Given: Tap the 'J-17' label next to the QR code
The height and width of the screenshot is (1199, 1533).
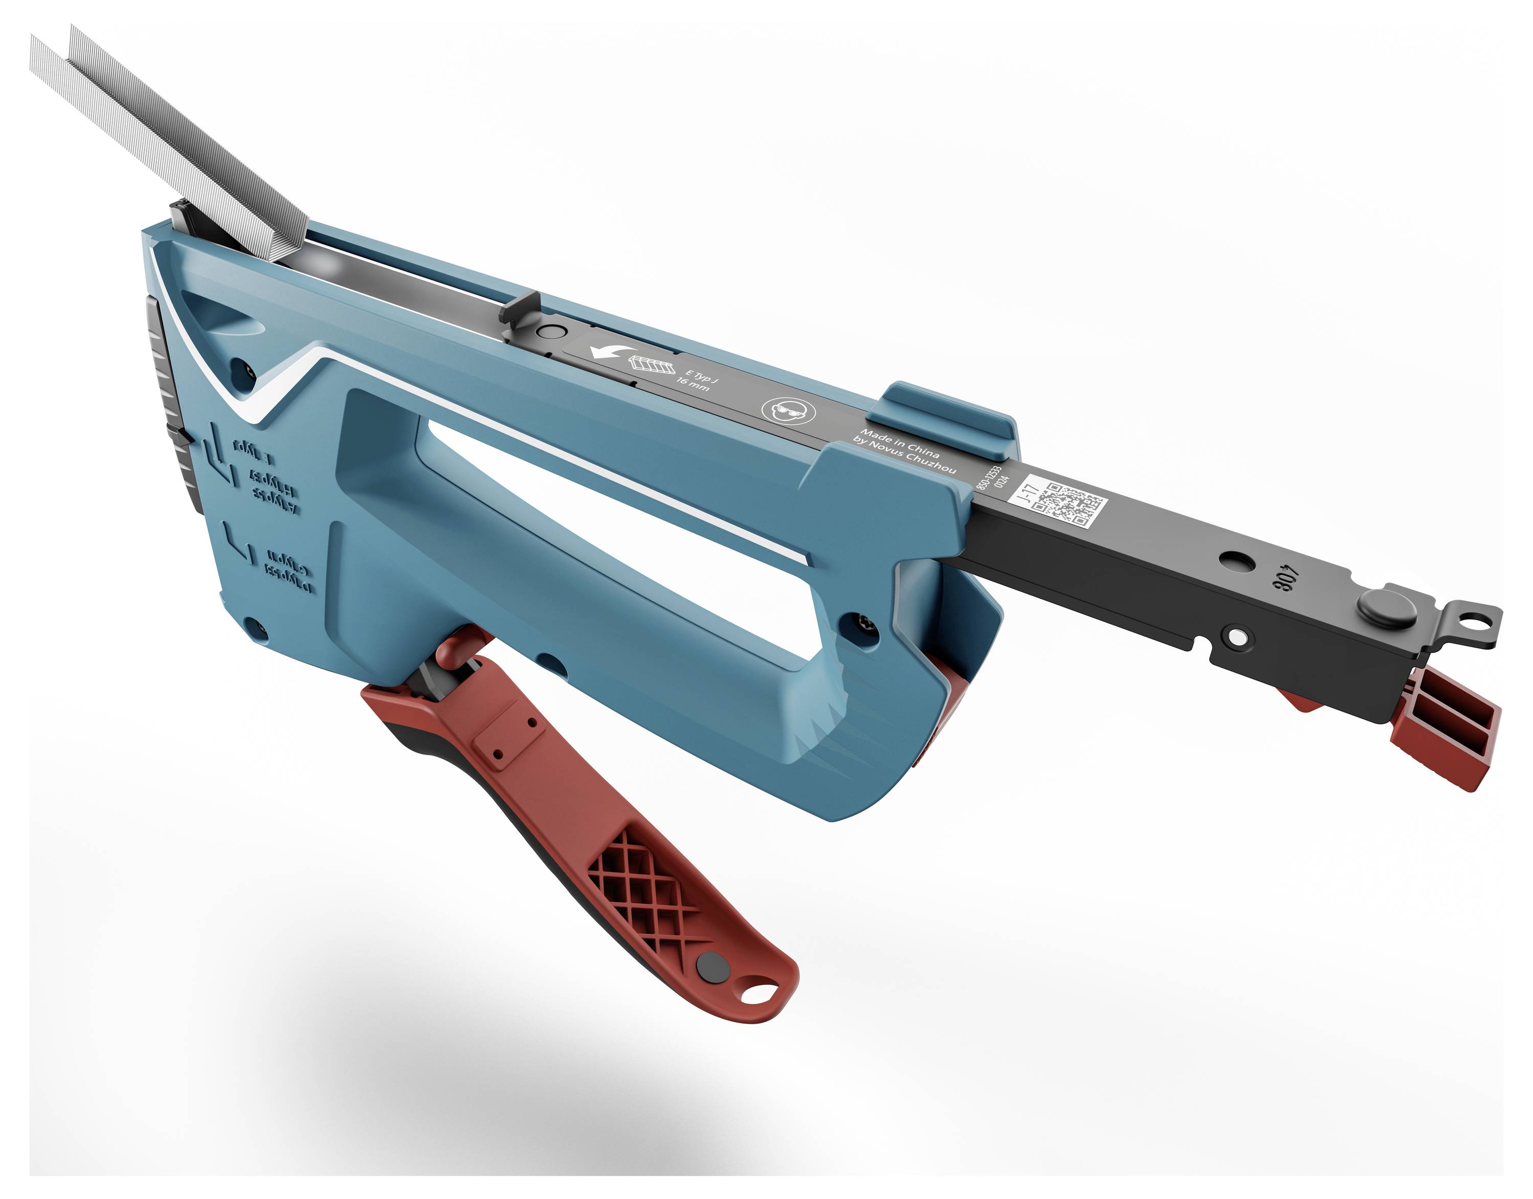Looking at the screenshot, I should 1029,491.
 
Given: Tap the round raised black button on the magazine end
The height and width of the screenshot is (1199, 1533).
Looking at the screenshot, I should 1385,607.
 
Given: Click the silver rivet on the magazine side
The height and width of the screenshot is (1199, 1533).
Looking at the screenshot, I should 1237,636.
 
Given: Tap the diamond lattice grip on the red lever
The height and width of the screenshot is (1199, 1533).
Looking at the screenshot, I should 642,895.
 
